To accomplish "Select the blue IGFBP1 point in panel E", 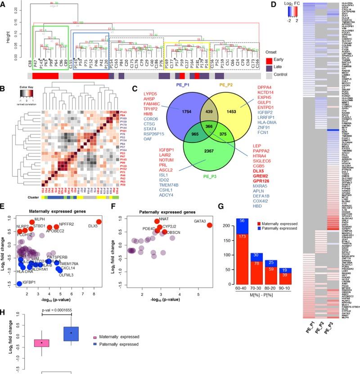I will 19,283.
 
